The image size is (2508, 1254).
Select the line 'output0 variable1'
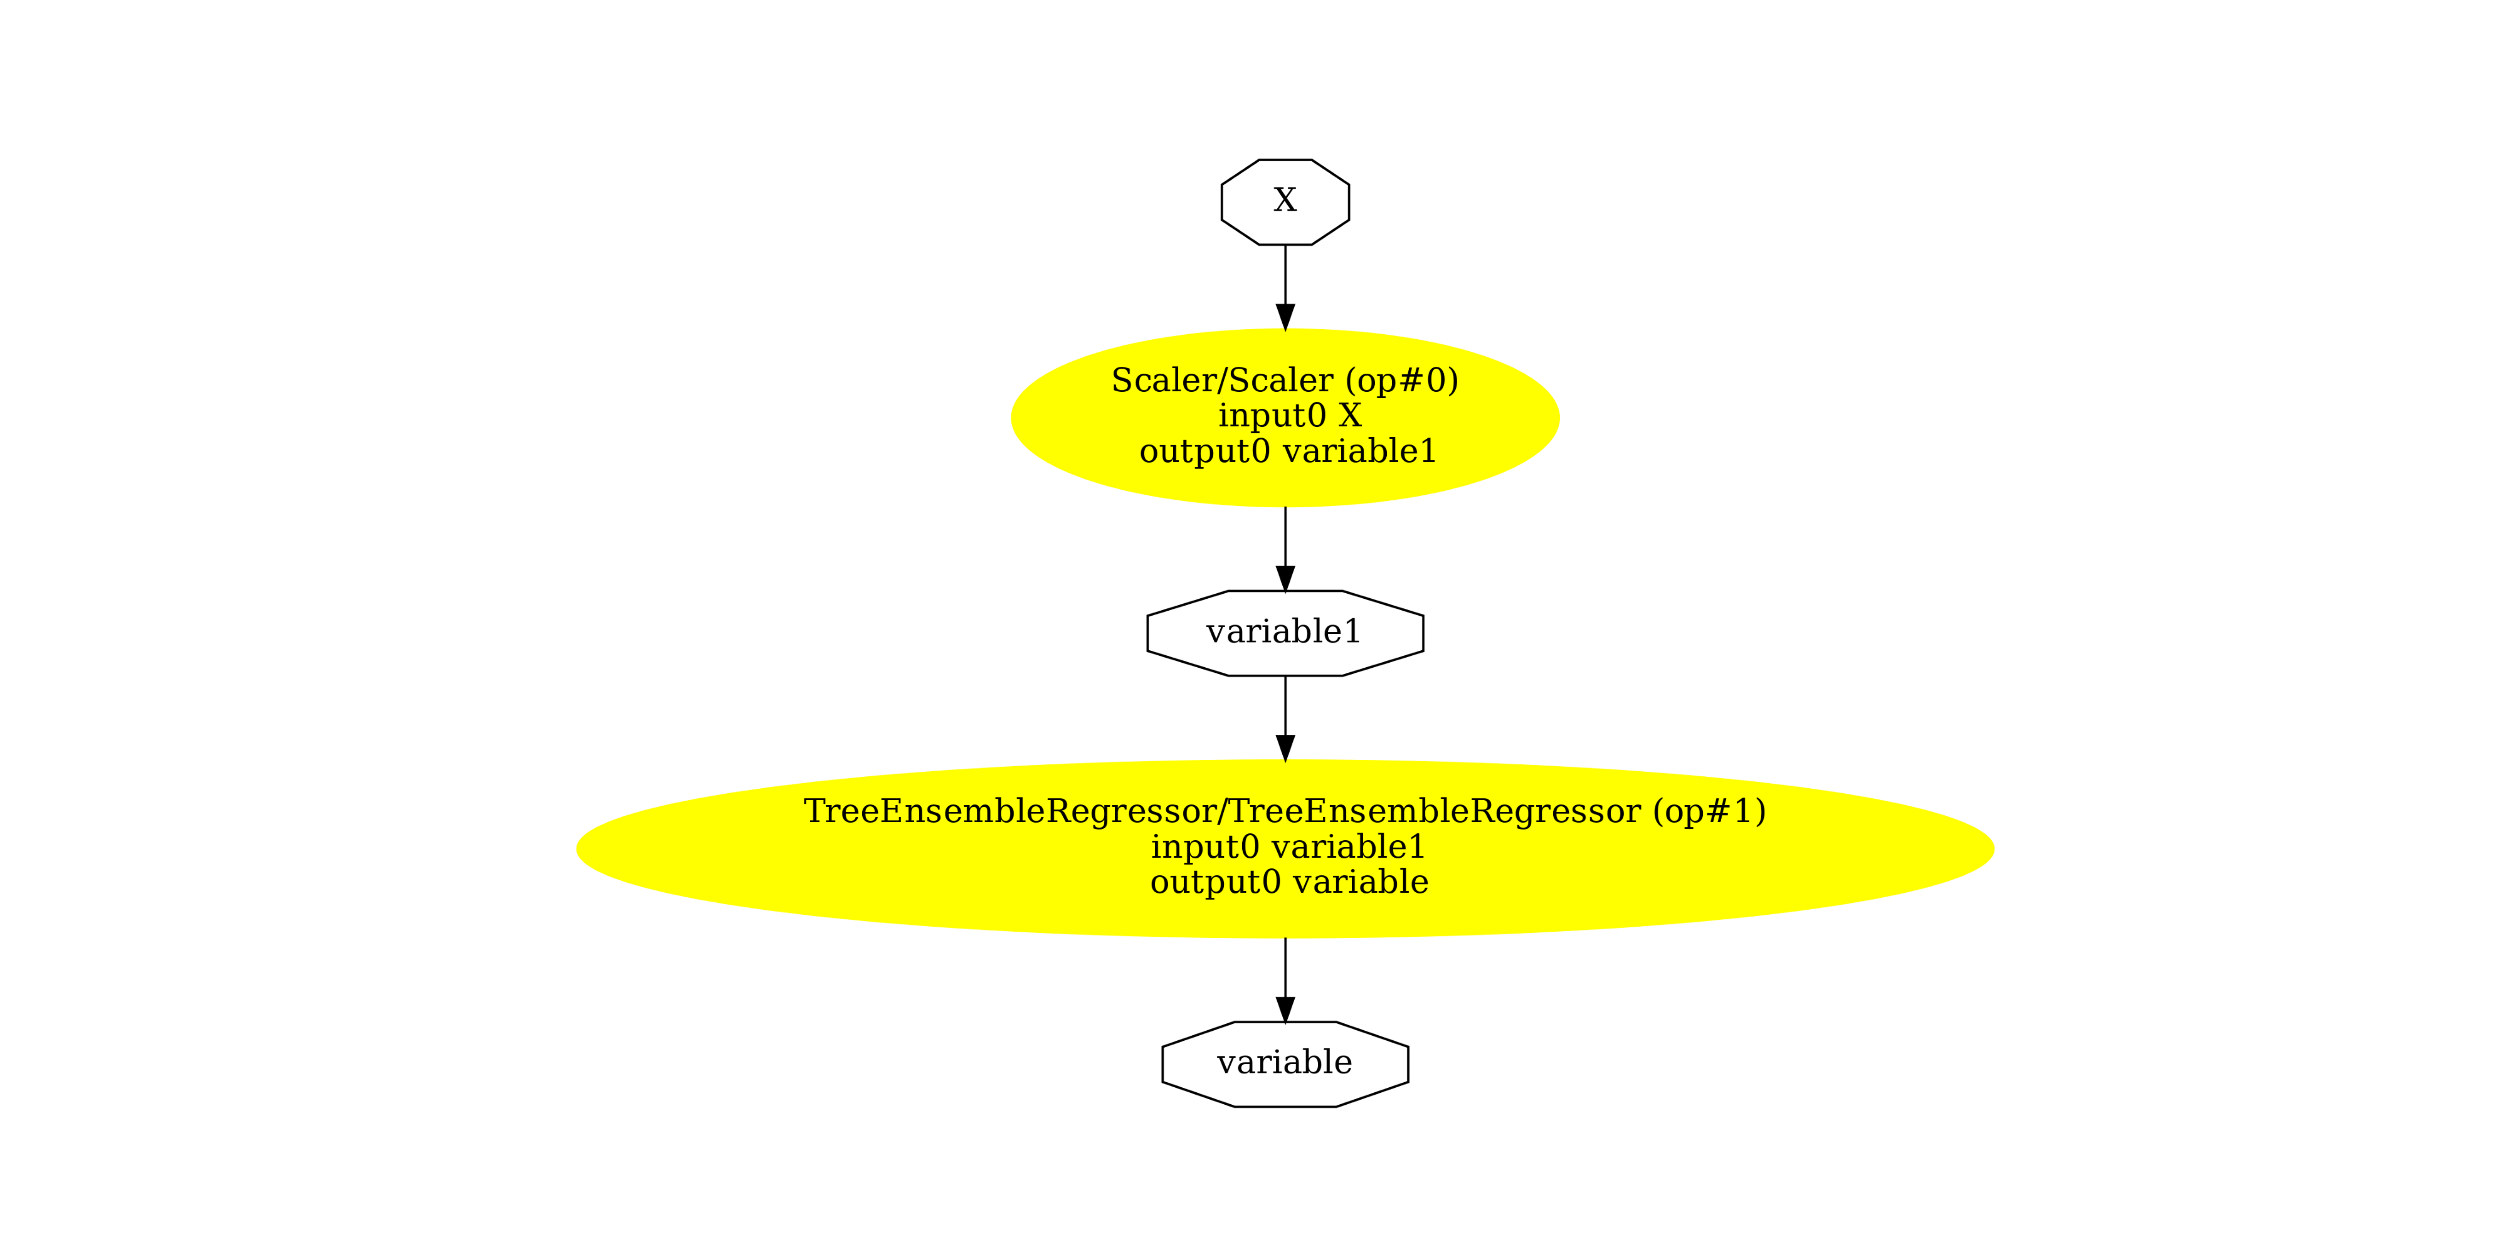point(1287,451)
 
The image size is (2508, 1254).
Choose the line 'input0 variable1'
point(1287,847)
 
